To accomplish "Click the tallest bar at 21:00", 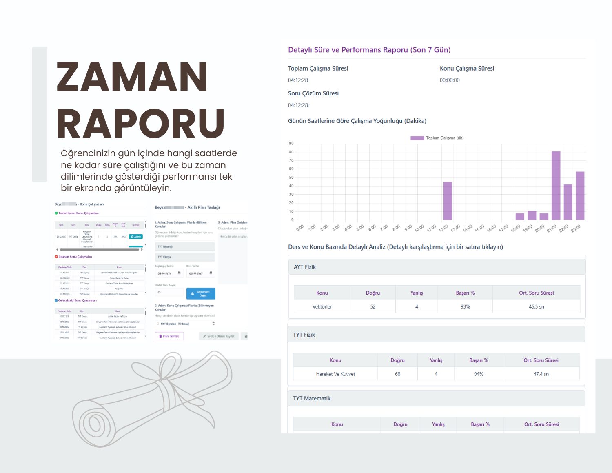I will click(x=556, y=186).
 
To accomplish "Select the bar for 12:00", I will click(x=448, y=201).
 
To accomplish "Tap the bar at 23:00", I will click(x=580, y=196).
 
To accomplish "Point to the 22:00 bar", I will click(x=568, y=202).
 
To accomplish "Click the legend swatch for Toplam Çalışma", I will click(x=417, y=138).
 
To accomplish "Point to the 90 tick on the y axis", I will click(x=291, y=144).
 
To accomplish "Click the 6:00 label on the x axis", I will click(x=372, y=228).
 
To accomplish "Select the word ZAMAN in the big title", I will click(x=132, y=78).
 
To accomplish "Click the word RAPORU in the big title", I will click(x=140, y=124).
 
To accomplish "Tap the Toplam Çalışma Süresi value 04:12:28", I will click(x=298, y=80).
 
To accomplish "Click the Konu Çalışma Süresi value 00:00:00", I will click(x=450, y=80).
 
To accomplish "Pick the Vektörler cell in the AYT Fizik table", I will click(x=322, y=306).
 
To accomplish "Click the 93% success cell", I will click(x=465, y=306).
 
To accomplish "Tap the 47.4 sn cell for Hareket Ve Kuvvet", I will click(x=541, y=374).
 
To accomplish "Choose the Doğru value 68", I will click(x=397, y=374).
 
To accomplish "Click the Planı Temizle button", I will click(x=169, y=336).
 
